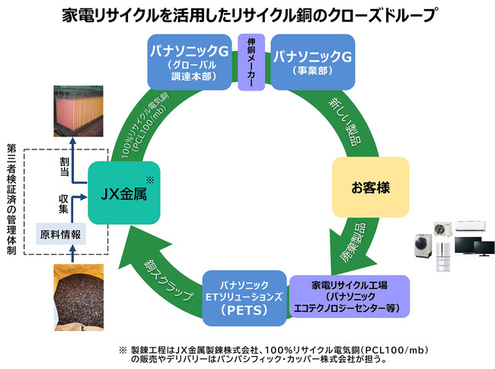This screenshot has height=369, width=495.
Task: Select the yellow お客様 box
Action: click(369, 186)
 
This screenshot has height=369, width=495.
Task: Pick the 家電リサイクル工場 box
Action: click(350, 297)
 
